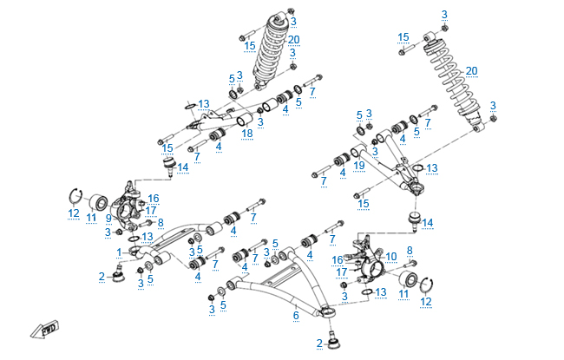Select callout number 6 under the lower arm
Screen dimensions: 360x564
(295, 317)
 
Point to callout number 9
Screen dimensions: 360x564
(108, 218)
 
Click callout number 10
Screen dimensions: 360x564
(390, 256)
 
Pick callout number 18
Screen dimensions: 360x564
(247, 133)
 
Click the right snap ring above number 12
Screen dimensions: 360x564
(429, 283)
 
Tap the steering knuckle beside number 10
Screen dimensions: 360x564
(374, 265)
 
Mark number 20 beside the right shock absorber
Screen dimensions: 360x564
(472, 70)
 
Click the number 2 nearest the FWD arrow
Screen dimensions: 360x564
(102, 277)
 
